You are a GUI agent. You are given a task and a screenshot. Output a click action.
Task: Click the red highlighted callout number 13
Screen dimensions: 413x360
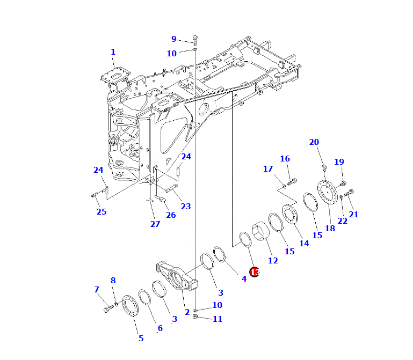pos(255,272)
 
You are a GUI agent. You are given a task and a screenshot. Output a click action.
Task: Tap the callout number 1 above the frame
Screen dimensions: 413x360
pos(113,52)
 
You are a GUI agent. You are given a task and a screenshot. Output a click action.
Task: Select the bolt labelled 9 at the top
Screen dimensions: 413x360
pos(195,40)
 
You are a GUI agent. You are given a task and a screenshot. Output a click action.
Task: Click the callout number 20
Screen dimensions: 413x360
pos(314,142)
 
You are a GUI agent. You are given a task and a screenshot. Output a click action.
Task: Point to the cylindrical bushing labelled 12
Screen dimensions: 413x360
pos(260,231)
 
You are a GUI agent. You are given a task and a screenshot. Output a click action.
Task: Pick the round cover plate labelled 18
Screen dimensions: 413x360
pos(328,194)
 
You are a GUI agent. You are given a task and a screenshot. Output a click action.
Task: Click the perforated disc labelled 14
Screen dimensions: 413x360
pos(289,215)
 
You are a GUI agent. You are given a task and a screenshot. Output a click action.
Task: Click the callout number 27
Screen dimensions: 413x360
pos(155,224)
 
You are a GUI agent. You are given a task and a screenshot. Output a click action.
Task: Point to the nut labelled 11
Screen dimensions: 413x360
pos(195,317)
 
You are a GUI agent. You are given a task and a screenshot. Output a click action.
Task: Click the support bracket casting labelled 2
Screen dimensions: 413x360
pos(177,276)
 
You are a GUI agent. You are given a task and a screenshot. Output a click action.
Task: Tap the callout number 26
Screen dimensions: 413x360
pos(171,215)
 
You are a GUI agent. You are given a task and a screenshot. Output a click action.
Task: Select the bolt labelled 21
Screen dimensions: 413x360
pos(349,193)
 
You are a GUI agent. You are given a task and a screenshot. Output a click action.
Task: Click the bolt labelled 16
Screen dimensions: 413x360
pos(292,182)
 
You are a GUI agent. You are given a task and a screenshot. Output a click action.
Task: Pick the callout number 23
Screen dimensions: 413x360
pos(186,207)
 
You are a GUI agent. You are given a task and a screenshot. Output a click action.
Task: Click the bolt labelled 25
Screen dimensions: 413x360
pos(95,195)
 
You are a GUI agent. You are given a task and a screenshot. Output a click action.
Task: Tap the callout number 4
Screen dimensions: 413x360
pos(244,278)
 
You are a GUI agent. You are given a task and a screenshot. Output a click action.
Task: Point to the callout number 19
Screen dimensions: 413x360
pos(339,162)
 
